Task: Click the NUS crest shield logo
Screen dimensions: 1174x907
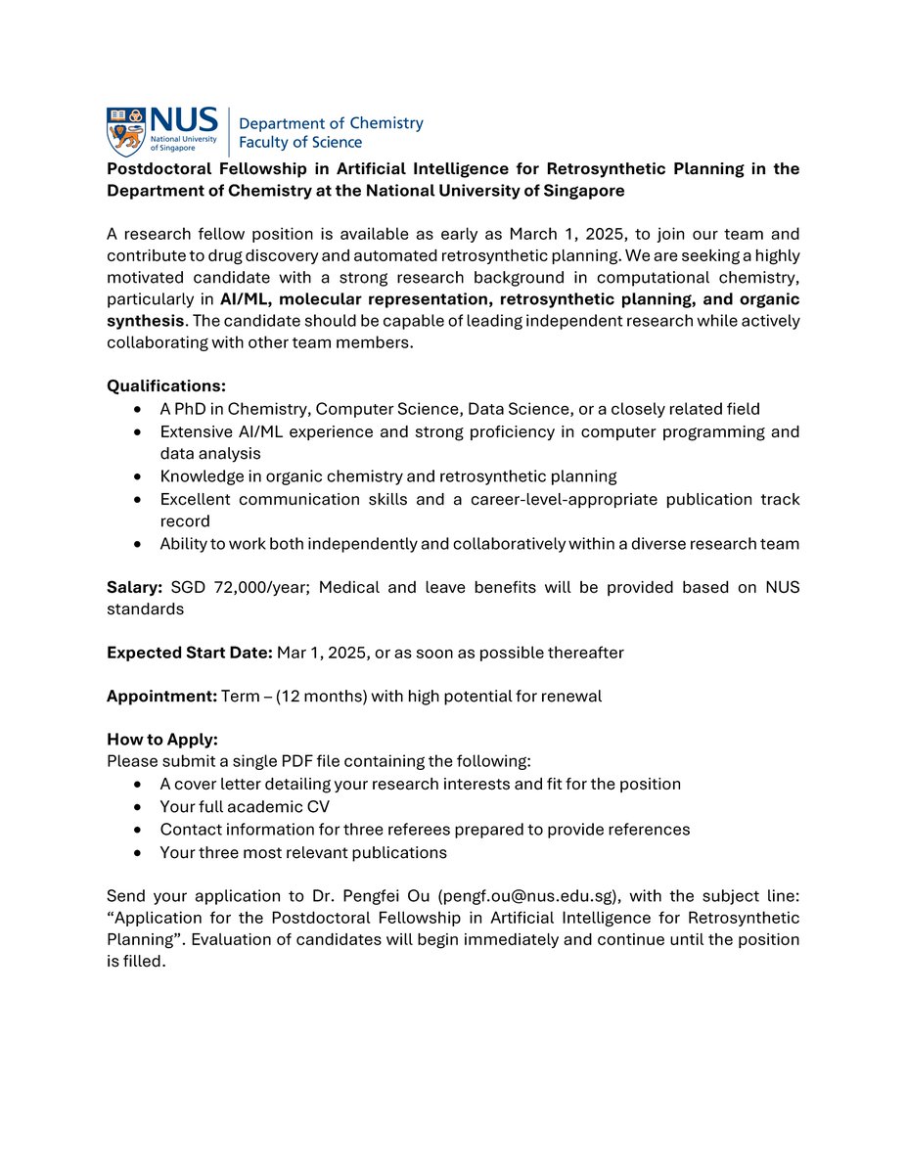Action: [x=125, y=132]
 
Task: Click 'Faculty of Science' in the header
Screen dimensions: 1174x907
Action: [x=300, y=143]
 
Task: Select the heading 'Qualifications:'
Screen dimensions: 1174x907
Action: [x=165, y=386]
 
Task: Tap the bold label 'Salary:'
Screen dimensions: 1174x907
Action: [x=135, y=588]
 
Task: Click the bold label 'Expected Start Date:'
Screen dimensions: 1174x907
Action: [x=190, y=653]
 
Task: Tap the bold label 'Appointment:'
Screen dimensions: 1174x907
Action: [x=161, y=697]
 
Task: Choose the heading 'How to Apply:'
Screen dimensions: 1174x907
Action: [x=162, y=741]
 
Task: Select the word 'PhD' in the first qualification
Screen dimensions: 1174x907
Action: [x=192, y=409]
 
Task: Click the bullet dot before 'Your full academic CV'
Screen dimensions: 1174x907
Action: [x=139, y=807]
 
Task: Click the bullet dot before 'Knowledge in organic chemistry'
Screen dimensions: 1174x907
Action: [x=139, y=476]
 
